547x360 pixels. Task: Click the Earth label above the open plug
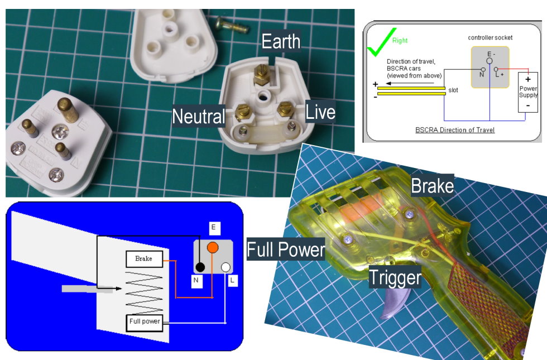coord(281,41)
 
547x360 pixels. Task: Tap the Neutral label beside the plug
coord(199,116)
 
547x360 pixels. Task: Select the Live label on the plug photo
coord(320,112)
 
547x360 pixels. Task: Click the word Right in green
coord(400,40)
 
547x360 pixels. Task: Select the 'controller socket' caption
coord(490,38)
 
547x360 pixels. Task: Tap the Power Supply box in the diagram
coord(528,92)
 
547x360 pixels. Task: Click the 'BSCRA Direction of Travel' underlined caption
coord(455,129)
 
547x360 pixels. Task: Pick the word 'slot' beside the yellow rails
coord(453,90)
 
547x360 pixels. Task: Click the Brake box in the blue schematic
coord(144,259)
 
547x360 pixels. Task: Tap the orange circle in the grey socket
coord(213,248)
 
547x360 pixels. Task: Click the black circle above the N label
coord(200,267)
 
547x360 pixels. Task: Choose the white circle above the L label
coord(225,267)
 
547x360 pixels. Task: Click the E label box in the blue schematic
coord(213,228)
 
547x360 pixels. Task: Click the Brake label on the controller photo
coord(432,185)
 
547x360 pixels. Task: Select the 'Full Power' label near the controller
coord(286,249)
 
